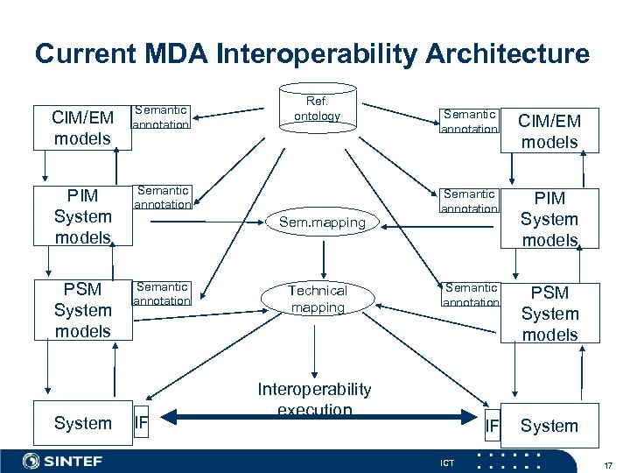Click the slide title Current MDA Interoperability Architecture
click(x=312, y=53)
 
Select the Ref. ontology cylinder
click(x=317, y=107)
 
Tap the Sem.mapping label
click(x=322, y=222)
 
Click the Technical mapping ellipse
click(x=318, y=300)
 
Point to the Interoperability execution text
click(x=314, y=399)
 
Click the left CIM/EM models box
click(x=82, y=128)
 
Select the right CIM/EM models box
click(x=549, y=131)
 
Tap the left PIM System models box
click(x=82, y=216)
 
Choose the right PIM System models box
click(x=549, y=219)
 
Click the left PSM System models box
click(x=82, y=310)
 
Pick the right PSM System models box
click(x=549, y=314)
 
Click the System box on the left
click(x=82, y=423)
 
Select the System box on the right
click(x=549, y=426)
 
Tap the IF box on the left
click(x=140, y=425)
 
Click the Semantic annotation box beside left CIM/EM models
click(x=161, y=117)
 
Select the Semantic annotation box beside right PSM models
click(x=470, y=294)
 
